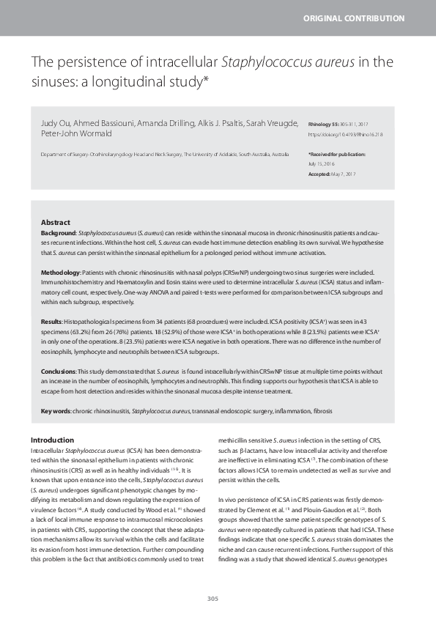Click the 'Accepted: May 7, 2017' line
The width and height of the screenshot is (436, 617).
click(332, 174)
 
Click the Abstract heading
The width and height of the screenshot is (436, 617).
click(55, 222)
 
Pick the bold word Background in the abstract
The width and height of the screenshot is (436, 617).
click(58, 232)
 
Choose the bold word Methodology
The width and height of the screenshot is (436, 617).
click(60, 271)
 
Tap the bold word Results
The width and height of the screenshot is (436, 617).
click(51, 322)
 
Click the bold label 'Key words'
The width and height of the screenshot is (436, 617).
click(55, 412)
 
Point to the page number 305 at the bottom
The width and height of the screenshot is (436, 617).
click(213, 599)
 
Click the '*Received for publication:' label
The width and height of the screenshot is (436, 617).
click(337, 155)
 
